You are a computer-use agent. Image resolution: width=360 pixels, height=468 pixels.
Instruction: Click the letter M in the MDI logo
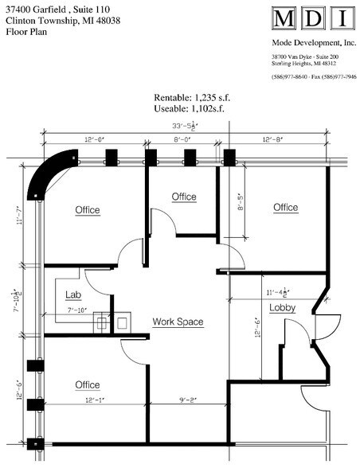coord(283,19)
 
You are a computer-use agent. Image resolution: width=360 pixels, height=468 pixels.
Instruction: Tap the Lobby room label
coord(283,308)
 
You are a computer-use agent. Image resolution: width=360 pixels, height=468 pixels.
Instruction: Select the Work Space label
coord(178,322)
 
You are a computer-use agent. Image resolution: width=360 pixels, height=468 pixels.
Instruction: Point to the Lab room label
coord(73,294)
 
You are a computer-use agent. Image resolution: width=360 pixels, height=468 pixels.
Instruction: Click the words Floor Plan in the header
coord(25,33)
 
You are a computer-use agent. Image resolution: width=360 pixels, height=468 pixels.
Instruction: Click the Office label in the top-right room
coord(285,208)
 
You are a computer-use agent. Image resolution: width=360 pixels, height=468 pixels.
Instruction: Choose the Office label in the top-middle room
coord(184,197)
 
